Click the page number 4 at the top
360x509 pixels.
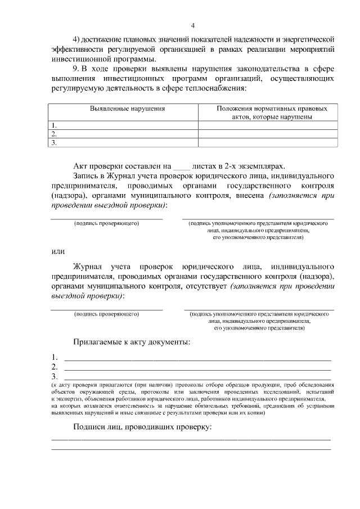pos(193,25)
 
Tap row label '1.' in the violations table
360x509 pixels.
pos(54,125)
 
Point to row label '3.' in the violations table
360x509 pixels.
pos(54,143)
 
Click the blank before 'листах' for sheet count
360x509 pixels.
pos(181,166)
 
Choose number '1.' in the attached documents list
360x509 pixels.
pos(55,357)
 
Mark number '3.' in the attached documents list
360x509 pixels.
pos(55,376)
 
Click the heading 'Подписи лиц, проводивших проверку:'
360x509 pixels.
pos(142,427)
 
